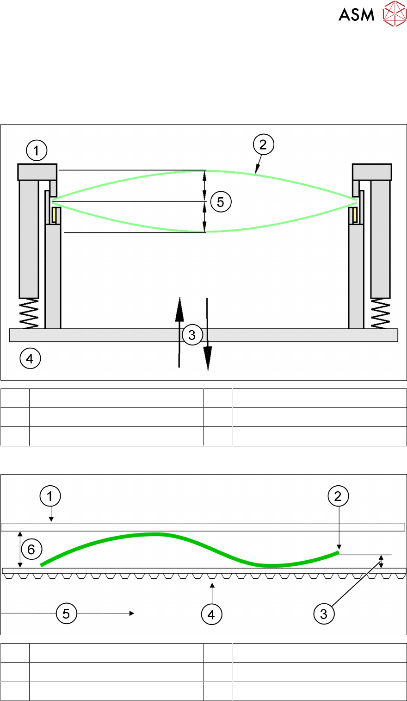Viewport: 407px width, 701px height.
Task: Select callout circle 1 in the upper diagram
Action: coord(37,150)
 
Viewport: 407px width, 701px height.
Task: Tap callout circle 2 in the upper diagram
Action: coord(263,145)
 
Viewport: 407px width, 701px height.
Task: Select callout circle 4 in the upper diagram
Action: coord(30,358)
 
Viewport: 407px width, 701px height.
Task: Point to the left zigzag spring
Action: coord(29,313)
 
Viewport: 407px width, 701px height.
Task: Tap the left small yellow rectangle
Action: coord(55,214)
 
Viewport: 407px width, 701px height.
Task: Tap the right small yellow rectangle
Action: coord(353,214)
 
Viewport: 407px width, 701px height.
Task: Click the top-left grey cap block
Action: coord(37,172)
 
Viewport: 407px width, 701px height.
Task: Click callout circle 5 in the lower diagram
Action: coord(66,613)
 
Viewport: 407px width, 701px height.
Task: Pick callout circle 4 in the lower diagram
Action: coord(211,614)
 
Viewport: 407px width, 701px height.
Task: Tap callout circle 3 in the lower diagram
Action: coord(323,614)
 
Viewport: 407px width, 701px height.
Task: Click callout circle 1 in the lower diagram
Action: coord(50,496)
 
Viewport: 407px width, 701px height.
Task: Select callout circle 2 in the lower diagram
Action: coord(338,496)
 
